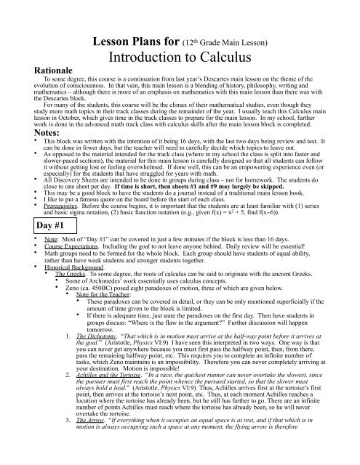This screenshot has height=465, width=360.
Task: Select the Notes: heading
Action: (29, 113)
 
